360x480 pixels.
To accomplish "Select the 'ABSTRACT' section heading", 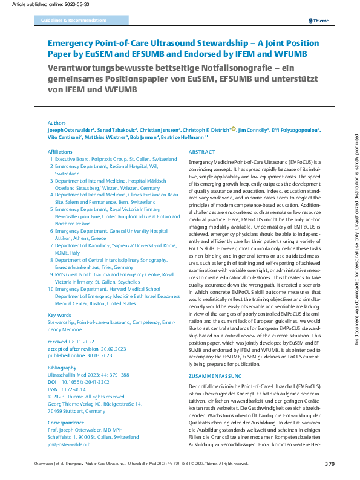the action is point(201,152).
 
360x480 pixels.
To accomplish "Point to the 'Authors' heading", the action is point(57,122).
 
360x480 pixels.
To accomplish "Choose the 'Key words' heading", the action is point(59,315).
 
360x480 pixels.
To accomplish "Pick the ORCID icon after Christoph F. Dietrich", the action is point(233,129).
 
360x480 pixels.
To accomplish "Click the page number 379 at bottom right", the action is point(329,464).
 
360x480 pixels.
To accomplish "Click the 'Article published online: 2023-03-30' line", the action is point(38,4).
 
